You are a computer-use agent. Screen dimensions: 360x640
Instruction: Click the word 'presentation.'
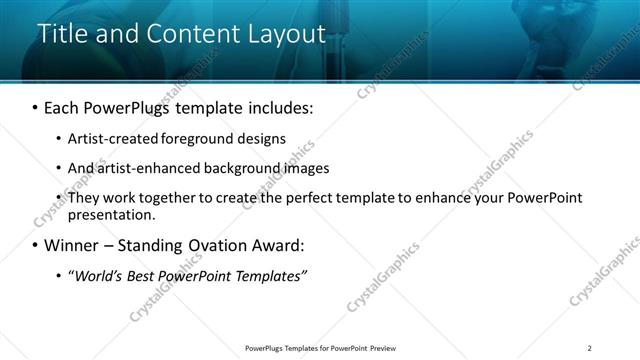click(112, 214)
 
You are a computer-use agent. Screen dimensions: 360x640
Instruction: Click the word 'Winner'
click(73, 245)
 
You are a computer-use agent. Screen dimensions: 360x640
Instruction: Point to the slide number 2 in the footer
click(589, 348)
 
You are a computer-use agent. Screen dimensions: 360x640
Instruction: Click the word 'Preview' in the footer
click(382, 348)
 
